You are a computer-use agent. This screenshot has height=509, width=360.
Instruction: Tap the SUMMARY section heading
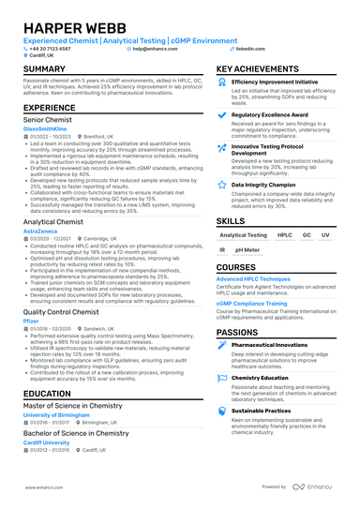point(44,70)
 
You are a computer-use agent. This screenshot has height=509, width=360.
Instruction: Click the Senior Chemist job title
point(49,120)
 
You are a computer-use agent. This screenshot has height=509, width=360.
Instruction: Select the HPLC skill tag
point(285,235)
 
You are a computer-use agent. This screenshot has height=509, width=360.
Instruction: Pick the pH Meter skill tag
point(248,250)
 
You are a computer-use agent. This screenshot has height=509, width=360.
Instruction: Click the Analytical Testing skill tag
point(243,235)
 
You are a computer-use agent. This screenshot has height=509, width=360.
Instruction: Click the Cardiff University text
point(46,442)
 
